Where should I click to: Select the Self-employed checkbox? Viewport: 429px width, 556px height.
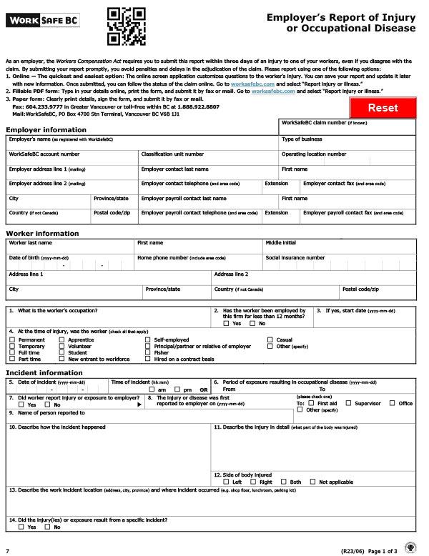[147, 340]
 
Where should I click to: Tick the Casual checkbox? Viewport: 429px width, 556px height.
[270, 340]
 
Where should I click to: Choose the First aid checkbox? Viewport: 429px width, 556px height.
[311, 403]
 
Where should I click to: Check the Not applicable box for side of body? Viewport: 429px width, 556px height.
[312, 482]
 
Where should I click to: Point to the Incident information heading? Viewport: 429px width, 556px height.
[44, 373]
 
